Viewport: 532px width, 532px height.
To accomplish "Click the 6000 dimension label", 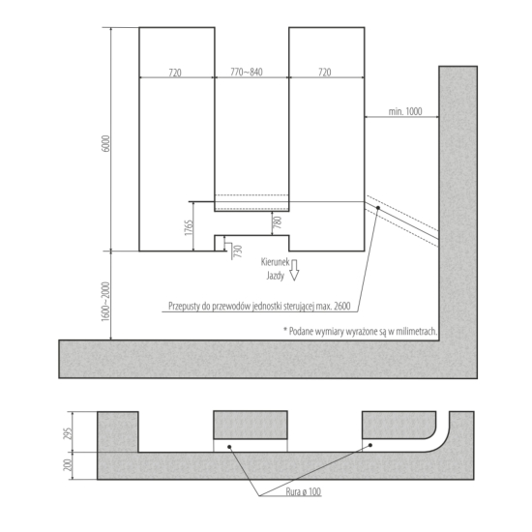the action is click(x=106, y=143).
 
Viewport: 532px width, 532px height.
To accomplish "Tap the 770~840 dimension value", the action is click(x=247, y=72).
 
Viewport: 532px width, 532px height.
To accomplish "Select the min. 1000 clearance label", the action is click(x=405, y=111).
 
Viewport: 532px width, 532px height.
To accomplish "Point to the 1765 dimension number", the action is click(x=189, y=227).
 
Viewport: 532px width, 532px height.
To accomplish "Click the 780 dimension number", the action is click(x=278, y=222).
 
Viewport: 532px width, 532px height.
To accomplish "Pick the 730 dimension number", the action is click(x=239, y=251).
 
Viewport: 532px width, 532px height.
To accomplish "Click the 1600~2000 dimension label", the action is click(x=106, y=301).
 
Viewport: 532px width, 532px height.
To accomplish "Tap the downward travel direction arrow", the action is click(x=294, y=270).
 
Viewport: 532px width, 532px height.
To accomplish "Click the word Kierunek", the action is click(x=275, y=262).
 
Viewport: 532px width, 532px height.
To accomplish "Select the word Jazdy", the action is click(x=275, y=276).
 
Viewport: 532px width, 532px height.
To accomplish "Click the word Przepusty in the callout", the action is click(x=184, y=307).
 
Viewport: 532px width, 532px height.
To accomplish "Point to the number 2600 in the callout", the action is click(x=341, y=306).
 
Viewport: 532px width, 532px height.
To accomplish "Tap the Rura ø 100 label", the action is click(x=304, y=491).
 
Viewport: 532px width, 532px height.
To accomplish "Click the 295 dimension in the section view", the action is click(x=68, y=433).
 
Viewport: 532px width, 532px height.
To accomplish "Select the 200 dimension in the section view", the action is click(x=68, y=465).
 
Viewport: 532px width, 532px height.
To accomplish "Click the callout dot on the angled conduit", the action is click(x=377, y=208).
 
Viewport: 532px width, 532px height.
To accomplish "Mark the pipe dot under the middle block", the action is click(x=229, y=447).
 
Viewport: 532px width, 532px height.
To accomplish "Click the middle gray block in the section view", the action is click(x=251, y=425).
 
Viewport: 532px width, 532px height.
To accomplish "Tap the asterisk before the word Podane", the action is click(x=285, y=329).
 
